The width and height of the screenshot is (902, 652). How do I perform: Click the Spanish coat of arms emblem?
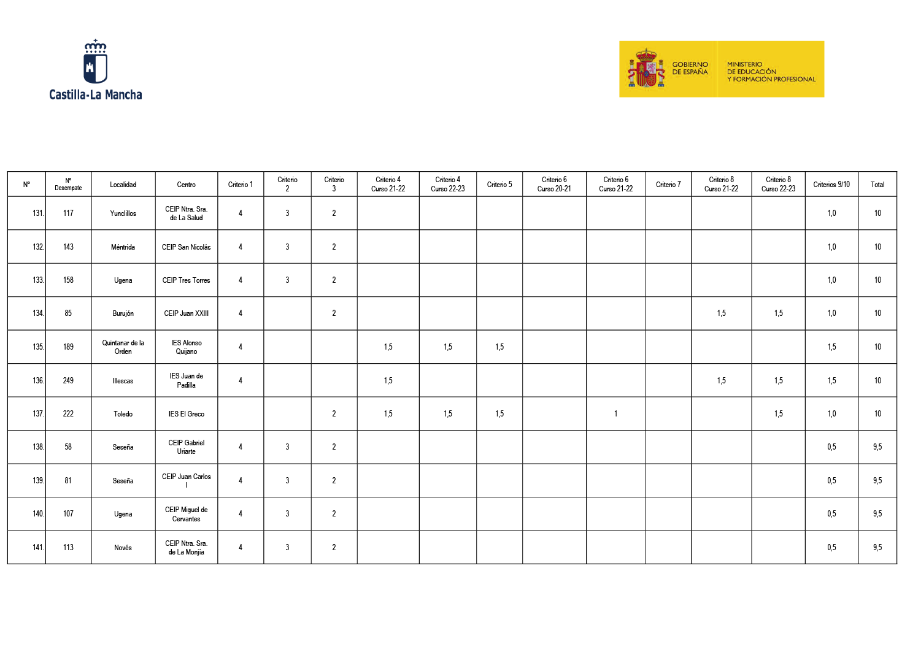click(646, 69)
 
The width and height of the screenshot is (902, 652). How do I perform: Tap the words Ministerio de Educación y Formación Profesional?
click(771, 72)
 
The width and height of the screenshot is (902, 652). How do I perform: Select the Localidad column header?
click(123, 185)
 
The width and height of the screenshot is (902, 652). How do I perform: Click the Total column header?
click(877, 185)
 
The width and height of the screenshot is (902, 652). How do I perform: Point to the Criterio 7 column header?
click(668, 185)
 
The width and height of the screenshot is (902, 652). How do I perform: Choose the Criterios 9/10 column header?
click(831, 185)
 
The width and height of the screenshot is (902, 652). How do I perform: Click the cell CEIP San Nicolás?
click(186, 247)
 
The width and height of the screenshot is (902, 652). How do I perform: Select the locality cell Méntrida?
click(123, 247)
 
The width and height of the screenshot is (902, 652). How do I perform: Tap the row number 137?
click(38, 414)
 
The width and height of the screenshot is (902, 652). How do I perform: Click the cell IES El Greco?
click(186, 414)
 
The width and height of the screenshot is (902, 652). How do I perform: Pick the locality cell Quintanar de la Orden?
click(123, 347)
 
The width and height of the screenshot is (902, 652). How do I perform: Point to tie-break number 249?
click(68, 381)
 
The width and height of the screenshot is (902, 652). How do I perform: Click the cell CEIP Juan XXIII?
click(186, 313)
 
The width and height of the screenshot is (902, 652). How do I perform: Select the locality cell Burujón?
click(123, 313)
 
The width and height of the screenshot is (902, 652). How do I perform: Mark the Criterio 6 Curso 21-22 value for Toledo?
click(615, 414)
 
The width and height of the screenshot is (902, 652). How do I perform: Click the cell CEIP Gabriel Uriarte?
click(186, 447)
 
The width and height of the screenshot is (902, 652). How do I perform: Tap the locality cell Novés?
click(123, 548)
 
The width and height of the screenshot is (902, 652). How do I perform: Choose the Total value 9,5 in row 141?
click(877, 548)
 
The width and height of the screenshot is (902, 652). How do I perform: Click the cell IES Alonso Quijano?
click(186, 347)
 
